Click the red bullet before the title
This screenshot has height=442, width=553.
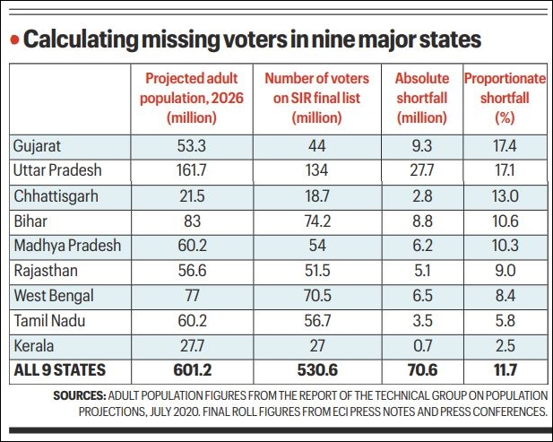[x=14, y=39]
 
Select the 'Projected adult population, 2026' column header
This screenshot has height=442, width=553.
[x=192, y=98]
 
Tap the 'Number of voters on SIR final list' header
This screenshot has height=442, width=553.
[x=316, y=98]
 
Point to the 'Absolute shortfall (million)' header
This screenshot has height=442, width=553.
[x=422, y=98]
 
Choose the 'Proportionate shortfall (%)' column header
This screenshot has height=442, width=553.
[x=505, y=98]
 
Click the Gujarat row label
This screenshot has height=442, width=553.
[x=37, y=146]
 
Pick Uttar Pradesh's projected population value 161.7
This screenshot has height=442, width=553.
[x=192, y=170]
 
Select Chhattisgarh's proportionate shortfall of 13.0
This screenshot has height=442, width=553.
[x=505, y=196]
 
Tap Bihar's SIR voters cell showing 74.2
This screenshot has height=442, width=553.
[x=317, y=221]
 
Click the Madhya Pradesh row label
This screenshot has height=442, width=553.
[x=67, y=246]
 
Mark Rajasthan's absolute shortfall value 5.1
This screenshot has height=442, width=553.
[x=422, y=271]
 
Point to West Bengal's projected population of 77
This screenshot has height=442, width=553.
[x=192, y=296]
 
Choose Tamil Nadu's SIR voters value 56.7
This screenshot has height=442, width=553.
[x=317, y=321]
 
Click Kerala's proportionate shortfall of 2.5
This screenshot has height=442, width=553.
[x=505, y=346]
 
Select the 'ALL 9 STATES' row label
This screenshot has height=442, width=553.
[x=60, y=370]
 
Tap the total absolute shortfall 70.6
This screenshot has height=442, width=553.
[x=422, y=370]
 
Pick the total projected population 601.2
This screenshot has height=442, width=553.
[x=192, y=370]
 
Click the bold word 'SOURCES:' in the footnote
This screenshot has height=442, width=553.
[x=80, y=395]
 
